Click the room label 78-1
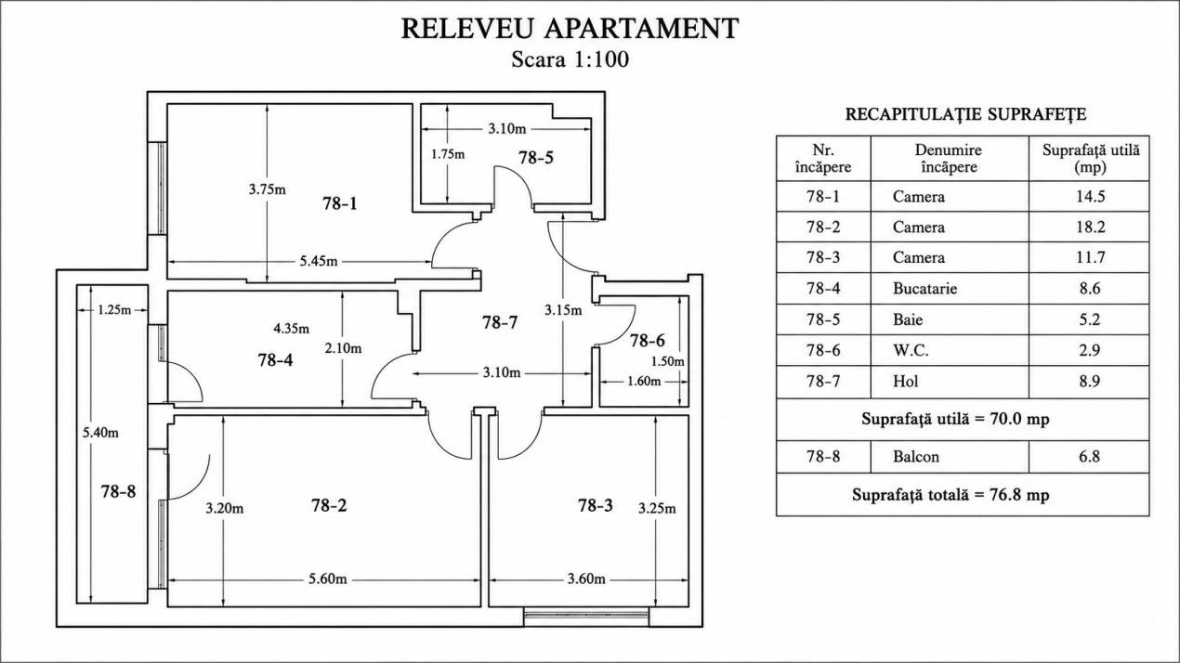tap(340, 203)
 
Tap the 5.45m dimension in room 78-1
tap(319, 261)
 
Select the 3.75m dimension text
tap(268, 189)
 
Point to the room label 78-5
tap(536, 158)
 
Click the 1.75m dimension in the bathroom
tap(448, 154)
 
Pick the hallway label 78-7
tap(500, 322)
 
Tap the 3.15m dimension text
tap(563, 310)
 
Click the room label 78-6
tap(648, 341)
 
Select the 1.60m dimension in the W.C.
tap(644, 381)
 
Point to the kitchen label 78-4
tap(276, 360)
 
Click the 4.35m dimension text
tap(292, 329)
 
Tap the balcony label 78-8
tap(119, 492)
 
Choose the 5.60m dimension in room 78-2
tap(328, 578)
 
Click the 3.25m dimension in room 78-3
tap(657, 508)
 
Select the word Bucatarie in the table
tap(924, 289)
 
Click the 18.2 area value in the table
tap(1090, 227)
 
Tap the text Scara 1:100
tap(570, 59)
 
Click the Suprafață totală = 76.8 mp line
tap(951, 495)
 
